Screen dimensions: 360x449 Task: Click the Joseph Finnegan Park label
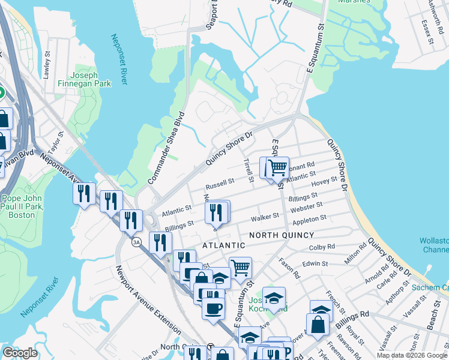[91, 79]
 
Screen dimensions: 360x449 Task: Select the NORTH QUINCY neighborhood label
[279, 235]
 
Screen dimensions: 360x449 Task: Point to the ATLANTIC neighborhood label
[223, 245]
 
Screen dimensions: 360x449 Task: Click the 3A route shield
[137, 241]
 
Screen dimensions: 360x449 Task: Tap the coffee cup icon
[213, 308]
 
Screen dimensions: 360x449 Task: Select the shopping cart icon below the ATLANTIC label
[240, 267]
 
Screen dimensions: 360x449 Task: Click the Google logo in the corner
[20, 353]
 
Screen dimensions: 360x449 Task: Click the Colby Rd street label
[321, 247]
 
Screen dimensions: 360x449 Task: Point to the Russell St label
[220, 182]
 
